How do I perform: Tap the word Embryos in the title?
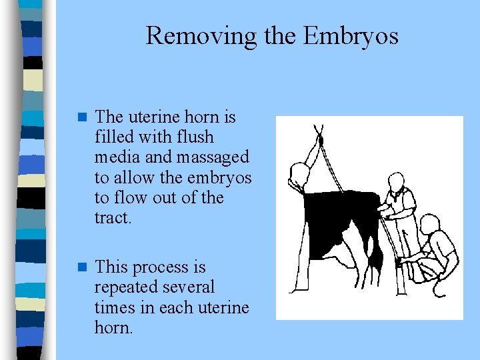click(x=351, y=35)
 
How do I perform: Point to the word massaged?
click(x=215, y=157)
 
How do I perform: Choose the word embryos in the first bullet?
click(x=221, y=178)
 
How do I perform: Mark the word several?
click(x=189, y=288)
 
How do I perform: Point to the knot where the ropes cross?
click(x=320, y=141)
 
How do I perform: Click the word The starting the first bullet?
click(x=109, y=117)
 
